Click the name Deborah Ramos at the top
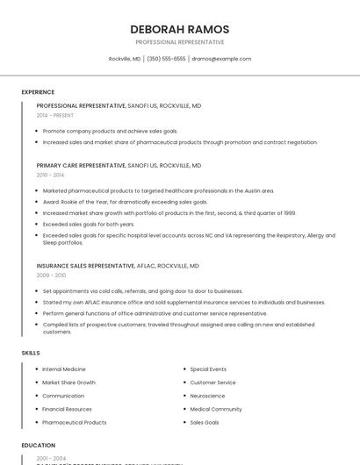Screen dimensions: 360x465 click(179, 29)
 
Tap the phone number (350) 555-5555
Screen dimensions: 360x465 click(166, 59)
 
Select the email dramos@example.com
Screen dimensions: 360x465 click(221, 59)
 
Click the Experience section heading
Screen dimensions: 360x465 click(38, 92)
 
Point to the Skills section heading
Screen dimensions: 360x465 click(31, 353)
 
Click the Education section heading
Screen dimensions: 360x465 click(39, 446)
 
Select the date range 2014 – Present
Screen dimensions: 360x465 click(55, 115)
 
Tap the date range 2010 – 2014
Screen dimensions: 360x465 click(50, 175)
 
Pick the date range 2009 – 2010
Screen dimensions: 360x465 click(51, 275)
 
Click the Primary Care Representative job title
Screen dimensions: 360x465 click(81, 165)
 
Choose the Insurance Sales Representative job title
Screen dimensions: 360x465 click(86, 265)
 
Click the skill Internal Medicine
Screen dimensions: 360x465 click(64, 369)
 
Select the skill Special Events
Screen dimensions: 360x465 click(208, 369)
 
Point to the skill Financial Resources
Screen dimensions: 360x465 click(67, 409)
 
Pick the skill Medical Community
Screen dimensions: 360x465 click(216, 409)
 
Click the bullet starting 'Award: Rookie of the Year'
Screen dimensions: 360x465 click(125, 202)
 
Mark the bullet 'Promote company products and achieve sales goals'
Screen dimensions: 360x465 click(110, 131)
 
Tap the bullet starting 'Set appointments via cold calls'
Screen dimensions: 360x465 click(142, 290)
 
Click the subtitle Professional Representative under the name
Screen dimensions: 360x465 click(179, 42)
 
